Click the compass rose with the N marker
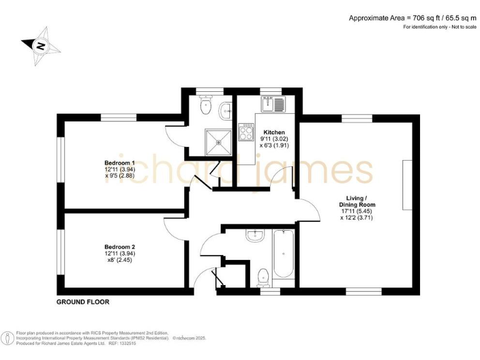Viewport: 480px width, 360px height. [39, 44]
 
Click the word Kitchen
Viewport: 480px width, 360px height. [274, 132]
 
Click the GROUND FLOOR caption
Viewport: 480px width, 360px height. [83, 302]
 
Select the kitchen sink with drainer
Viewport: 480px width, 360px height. [273, 104]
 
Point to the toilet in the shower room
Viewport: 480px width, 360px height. [204, 107]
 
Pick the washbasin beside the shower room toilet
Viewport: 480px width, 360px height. [226, 112]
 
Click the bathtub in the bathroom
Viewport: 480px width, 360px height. [282, 254]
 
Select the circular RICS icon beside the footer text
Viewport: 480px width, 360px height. [8, 338]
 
